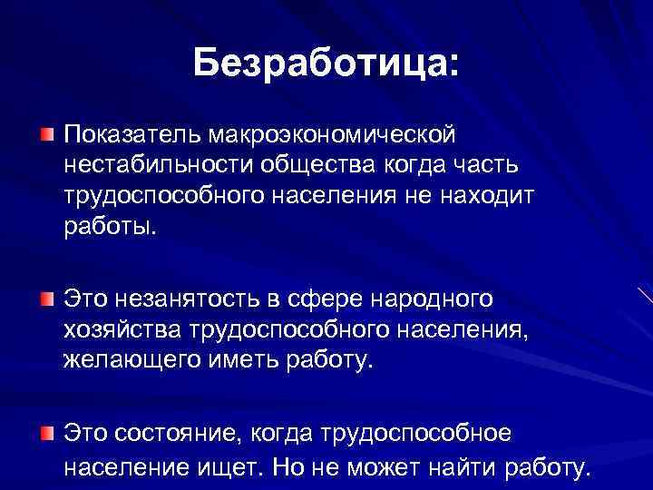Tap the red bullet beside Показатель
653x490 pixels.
pos(46,135)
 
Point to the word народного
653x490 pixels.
pos(436,298)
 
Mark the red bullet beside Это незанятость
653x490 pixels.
pos(46,299)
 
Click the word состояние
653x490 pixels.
pos(181,433)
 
